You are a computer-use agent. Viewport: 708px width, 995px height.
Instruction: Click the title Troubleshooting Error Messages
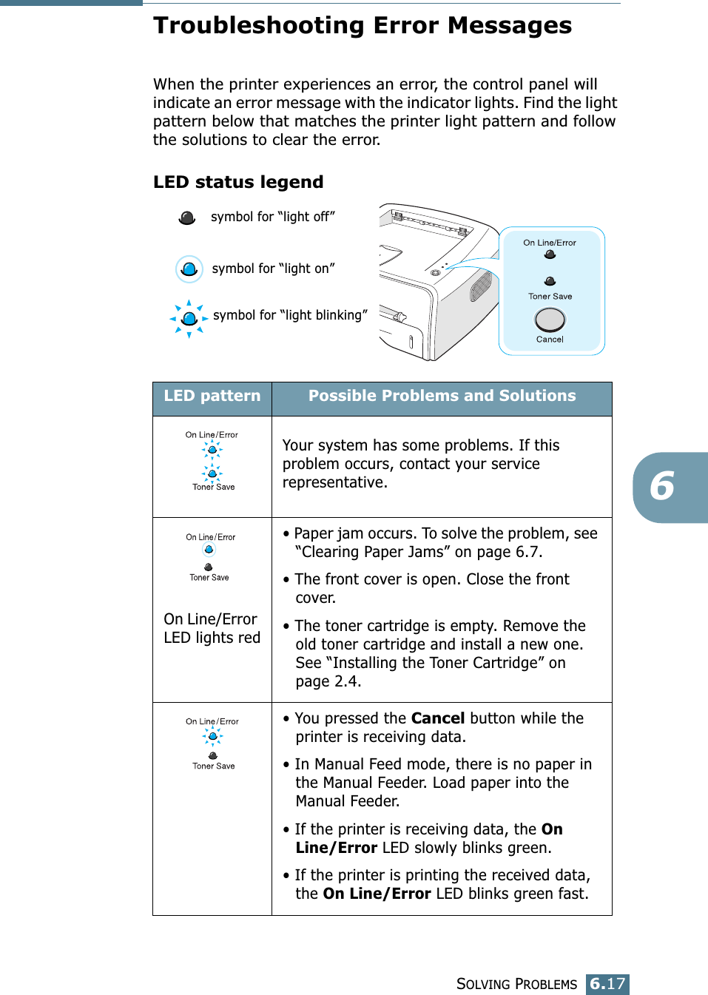pos(363,26)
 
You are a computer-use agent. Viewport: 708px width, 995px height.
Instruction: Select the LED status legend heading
pos(238,182)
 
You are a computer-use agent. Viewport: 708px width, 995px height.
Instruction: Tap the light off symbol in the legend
pos(187,217)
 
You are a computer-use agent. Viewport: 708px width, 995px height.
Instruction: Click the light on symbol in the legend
pos(189,269)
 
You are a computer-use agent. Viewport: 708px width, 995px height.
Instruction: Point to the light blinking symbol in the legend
pos(189,318)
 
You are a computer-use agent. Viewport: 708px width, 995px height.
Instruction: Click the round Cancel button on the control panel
pos(550,320)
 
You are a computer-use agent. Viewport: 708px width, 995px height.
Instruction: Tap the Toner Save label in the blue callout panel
pos(550,297)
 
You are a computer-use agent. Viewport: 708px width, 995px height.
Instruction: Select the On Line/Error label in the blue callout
pos(550,243)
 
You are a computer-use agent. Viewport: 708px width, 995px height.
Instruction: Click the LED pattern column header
pos(212,397)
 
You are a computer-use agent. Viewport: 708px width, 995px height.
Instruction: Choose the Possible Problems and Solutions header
pos(442,397)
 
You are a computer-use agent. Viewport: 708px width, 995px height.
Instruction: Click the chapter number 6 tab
pos(663,487)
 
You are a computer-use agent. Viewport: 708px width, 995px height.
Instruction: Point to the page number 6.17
pos(607,984)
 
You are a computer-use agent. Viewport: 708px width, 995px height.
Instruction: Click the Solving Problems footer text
pos(516,984)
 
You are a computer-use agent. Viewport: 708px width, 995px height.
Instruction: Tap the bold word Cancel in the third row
pos(438,718)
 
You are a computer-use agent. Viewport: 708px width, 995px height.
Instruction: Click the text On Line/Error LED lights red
pos(212,628)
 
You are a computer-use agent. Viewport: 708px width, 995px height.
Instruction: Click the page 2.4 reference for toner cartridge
pos(341,681)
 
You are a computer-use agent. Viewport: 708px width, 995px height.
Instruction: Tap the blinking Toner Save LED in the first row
pos(212,473)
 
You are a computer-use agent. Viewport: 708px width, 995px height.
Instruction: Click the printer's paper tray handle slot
pos(411,342)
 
